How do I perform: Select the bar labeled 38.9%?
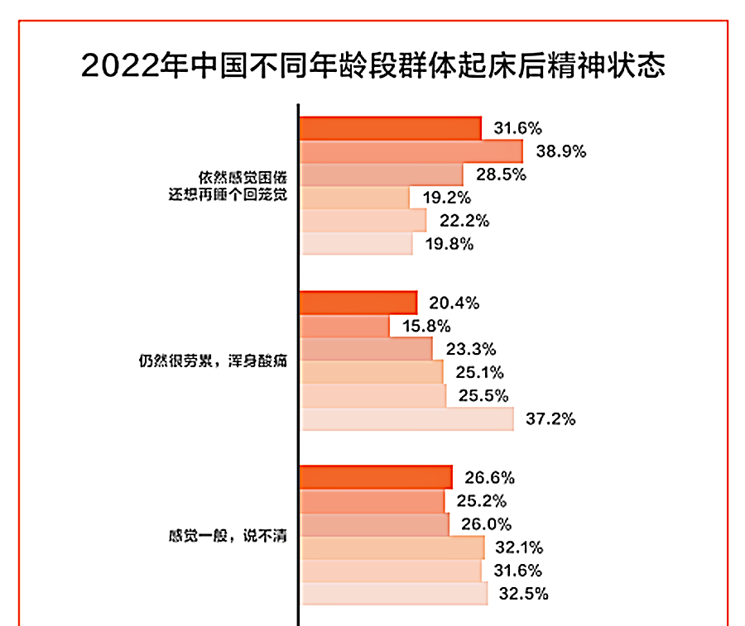click(411, 151)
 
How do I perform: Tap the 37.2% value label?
click(550, 419)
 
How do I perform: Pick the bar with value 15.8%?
click(344, 327)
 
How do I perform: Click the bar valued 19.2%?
click(354, 198)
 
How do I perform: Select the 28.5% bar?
click(381, 174)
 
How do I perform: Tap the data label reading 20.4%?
click(454, 303)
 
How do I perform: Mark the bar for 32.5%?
click(394, 594)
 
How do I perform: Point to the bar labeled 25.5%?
click(373, 396)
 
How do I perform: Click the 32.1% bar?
click(392, 547)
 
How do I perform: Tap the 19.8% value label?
click(451, 244)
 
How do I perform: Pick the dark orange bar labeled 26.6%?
click(376, 478)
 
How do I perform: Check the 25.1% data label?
click(480, 373)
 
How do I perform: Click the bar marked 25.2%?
click(372, 501)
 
